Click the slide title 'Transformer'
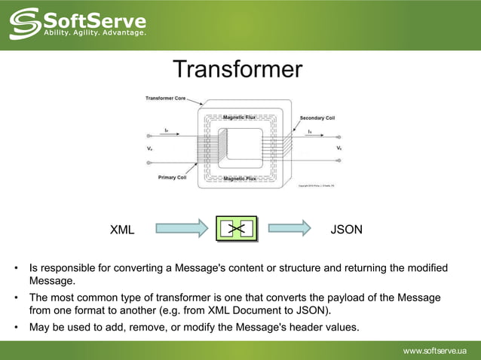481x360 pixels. [237, 70]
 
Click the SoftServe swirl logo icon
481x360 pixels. [25, 23]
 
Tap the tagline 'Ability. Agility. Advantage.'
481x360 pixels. [94, 32]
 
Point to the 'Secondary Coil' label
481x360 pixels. [317, 118]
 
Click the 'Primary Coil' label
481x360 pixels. [172, 178]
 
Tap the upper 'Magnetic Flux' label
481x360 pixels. [240, 117]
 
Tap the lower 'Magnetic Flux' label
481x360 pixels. [240, 178]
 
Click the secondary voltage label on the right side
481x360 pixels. [339, 148]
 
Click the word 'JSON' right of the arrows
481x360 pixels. [346, 229]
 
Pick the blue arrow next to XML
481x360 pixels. [182, 228]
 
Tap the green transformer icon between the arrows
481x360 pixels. [236, 229]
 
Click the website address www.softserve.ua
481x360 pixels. [435, 350]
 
